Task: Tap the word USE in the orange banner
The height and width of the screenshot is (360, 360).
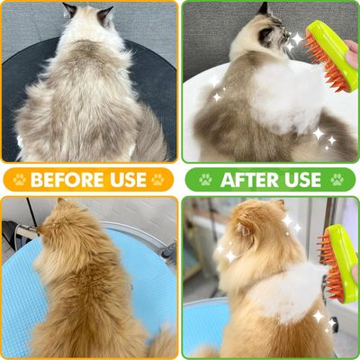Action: click(x=128, y=180)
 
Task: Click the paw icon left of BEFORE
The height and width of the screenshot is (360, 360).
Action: click(x=20, y=180)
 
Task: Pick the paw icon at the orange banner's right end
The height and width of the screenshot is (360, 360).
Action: click(x=157, y=180)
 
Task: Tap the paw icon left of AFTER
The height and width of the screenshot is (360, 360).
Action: click(x=205, y=180)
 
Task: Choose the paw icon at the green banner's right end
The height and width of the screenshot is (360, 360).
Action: click(x=337, y=180)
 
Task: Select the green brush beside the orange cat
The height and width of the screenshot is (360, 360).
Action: click(x=339, y=263)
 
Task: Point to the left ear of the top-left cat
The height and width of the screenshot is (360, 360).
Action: click(x=70, y=10)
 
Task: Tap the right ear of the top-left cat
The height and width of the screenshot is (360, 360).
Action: click(x=105, y=15)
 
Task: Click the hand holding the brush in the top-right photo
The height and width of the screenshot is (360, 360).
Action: click(x=352, y=54)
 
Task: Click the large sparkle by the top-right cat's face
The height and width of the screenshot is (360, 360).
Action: click(x=298, y=39)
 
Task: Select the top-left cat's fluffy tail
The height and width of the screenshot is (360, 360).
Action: click(x=150, y=135)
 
